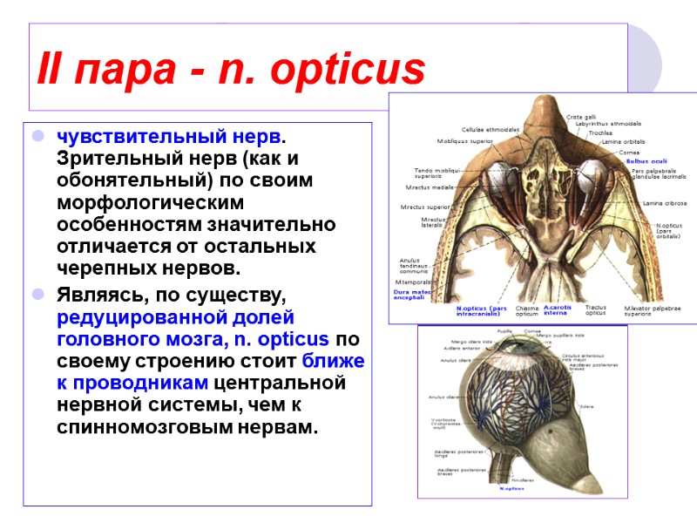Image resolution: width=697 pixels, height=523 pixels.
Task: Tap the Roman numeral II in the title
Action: tap(48, 69)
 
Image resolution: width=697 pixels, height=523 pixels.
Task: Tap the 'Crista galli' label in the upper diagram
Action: tap(581, 117)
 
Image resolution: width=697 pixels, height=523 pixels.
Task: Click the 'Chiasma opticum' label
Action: tap(527, 311)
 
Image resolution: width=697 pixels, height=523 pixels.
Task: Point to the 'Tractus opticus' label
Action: tap(595, 311)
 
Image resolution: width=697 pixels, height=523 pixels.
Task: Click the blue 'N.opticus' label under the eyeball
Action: tap(511, 489)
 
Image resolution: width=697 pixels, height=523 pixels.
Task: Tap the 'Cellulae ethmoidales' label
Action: tap(491, 129)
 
